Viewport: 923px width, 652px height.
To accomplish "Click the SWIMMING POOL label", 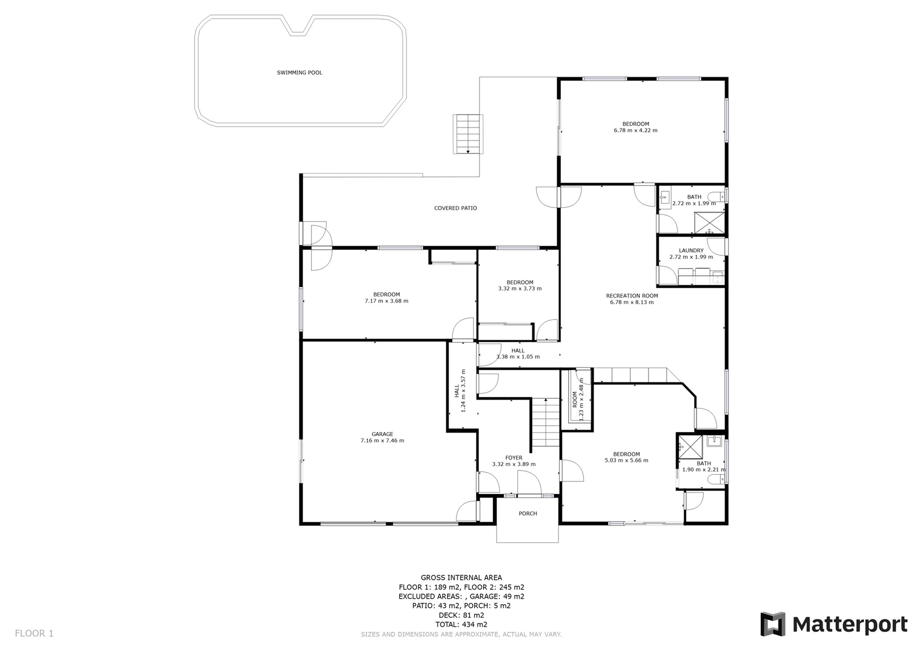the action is (x=300, y=73).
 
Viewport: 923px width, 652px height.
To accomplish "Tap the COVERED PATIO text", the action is (x=456, y=208).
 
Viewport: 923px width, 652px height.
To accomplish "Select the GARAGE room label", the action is (x=383, y=434).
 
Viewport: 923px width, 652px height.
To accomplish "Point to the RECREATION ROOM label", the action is (x=632, y=296).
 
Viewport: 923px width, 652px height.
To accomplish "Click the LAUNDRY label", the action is (x=691, y=251).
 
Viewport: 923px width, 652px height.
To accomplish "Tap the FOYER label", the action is (x=514, y=458).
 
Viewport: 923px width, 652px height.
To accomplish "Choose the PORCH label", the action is (x=528, y=514).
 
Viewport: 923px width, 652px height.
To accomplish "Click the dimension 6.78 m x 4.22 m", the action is (x=635, y=130).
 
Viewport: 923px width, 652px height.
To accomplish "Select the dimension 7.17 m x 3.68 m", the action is (x=386, y=301).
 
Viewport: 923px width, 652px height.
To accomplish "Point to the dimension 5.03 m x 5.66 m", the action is (x=626, y=460).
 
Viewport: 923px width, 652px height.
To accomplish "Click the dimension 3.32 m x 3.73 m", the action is (x=520, y=289).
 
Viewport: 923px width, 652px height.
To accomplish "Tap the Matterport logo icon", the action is (x=773, y=624).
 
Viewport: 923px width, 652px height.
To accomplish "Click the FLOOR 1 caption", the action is (x=34, y=634).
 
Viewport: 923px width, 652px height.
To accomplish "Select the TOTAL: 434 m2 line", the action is (x=461, y=625).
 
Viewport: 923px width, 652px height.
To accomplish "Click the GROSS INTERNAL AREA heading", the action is (x=461, y=578).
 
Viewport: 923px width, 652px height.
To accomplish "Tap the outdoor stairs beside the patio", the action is (x=468, y=134).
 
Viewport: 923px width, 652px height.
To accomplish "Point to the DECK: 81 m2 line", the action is (x=461, y=615).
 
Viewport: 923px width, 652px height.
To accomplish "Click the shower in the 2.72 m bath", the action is (x=710, y=223).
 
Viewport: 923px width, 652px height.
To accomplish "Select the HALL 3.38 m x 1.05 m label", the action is (x=518, y=354).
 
